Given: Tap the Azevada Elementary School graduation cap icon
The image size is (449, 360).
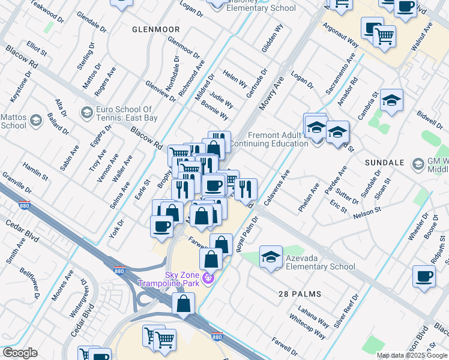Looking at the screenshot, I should (x=271, y=257).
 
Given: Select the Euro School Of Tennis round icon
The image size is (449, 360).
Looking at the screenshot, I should (x=86, y=113).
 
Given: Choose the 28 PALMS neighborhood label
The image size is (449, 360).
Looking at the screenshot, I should (x=300, y=294).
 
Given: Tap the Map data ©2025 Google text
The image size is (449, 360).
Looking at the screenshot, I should (x=412, y=355).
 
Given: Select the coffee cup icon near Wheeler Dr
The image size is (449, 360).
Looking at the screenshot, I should (x=424, y=276).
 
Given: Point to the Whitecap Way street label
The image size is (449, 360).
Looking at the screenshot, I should (x=307, y=326).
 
